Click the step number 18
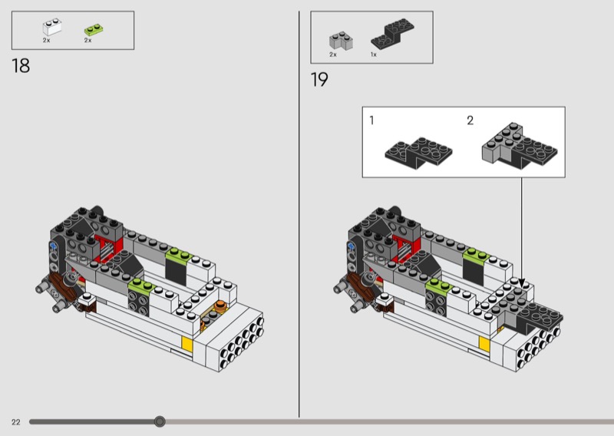[x=21, y=66]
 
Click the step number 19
[x=319, y=80]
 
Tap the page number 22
[x=15, y=422]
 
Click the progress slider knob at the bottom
[x=160, y=421]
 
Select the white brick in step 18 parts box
[x=51, y=27]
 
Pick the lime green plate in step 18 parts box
[x=94, y=30]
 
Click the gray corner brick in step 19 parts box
[x=341, y=41]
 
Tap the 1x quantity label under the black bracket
[x=374, y=54]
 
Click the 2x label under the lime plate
[x=87, y=41]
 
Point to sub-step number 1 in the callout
[x=371, y=121]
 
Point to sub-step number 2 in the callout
[x=470, y=121]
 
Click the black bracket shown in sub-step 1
[x=418, y=154]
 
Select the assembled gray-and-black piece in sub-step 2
[x=520, y=146]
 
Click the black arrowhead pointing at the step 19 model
[x=521, y=282]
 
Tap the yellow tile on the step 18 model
[x=187, y=345]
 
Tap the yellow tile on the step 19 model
[x=484, y=344]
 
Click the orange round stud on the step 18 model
[x=221, y=306]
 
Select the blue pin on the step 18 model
[x=53, y=246]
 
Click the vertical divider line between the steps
[x=299, y=214]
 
